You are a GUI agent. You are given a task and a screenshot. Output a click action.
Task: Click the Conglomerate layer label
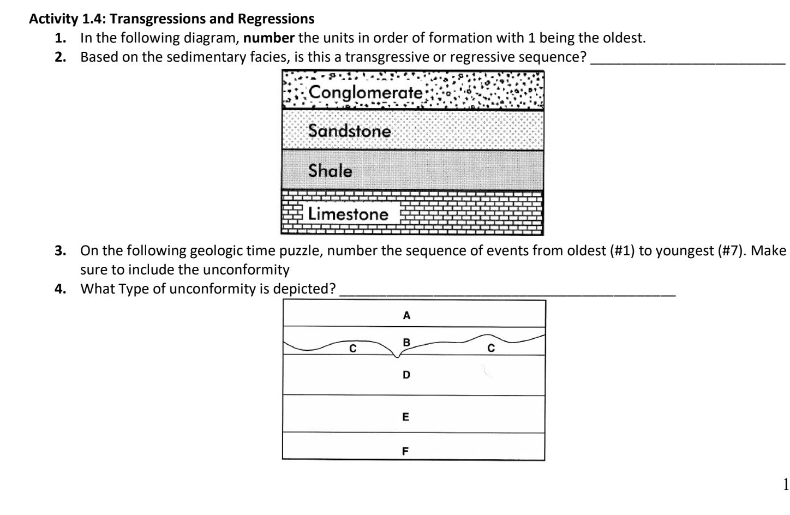click(365, 93)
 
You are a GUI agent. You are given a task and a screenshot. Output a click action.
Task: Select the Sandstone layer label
click(349, 131)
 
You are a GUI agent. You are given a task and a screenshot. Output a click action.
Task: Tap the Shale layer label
click(330, 171)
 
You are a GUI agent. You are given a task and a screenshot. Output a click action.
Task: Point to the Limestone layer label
click(348, 214)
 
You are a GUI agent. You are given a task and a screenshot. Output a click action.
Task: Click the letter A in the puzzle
click(406, 315)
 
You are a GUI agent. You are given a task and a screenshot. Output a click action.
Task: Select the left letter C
click(352, 348)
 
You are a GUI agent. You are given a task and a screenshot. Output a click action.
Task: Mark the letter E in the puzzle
click(405, 417)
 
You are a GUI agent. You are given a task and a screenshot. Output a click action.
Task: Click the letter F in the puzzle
click(405, 451)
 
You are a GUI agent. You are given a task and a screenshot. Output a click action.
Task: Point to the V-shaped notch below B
click(397, 356)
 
